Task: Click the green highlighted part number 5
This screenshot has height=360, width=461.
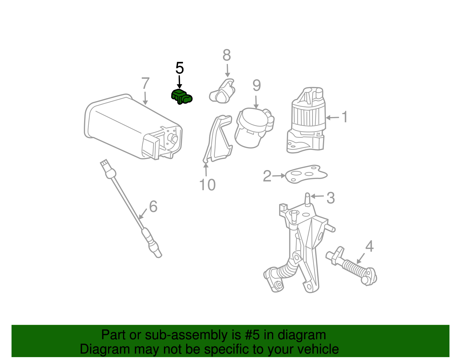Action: pyautogui.click(x=182, y=97)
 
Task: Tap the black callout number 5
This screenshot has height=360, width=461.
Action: pyautogui.click(x=180, y=68)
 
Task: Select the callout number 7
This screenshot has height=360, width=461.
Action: pyautogui.click(x=145, y=83)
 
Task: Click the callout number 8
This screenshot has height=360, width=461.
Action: pyautogui.click(x=226, y=55)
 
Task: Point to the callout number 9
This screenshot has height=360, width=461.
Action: pyautogui.click(x=256, y=86)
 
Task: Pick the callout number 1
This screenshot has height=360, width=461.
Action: pyautogui.click(x=345, y=116)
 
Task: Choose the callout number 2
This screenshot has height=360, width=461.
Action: pyautogui.click(x=267, y=176)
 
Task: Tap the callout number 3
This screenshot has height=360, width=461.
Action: pyautogui.click(x=330, y=198)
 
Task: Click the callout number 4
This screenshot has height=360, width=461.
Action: pyautogui.click(x=369, y=246)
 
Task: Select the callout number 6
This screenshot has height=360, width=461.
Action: pyautogui.click(x=153, y=206)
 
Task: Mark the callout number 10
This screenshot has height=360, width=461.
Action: pyautogui.click(x=207, y=185)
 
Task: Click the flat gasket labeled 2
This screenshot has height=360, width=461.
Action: pyautogui.click(x=306, y=174)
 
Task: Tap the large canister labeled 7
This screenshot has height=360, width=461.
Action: pyautogui.click(x=133, y=127)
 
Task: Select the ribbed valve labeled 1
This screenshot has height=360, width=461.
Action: pyautogui.click(x=306, y=120)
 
